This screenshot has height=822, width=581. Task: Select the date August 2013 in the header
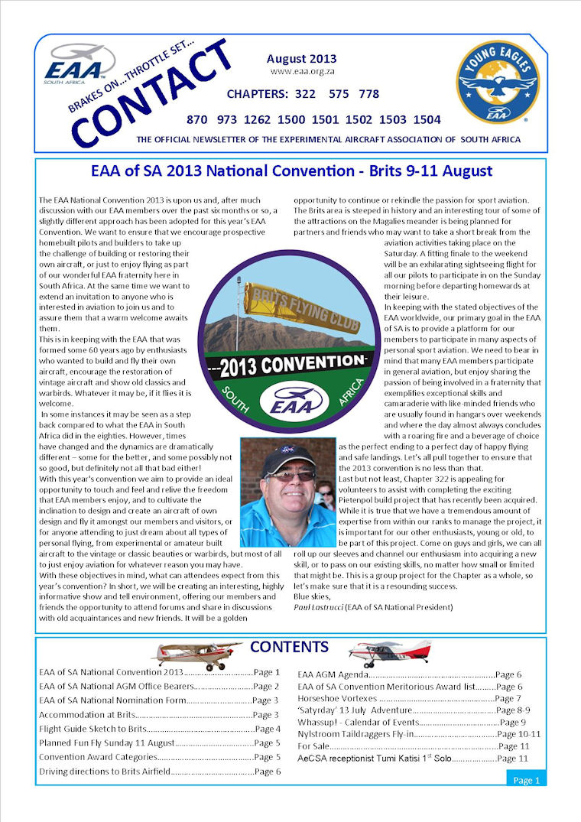(x=301, y=59)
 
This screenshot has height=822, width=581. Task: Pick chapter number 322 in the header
(x=303, y=94)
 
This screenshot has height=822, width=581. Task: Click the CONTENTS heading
(x=289, y=647)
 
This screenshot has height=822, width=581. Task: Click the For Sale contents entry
(x=313, y=746)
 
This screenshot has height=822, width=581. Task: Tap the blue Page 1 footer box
(x=526, y=780)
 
